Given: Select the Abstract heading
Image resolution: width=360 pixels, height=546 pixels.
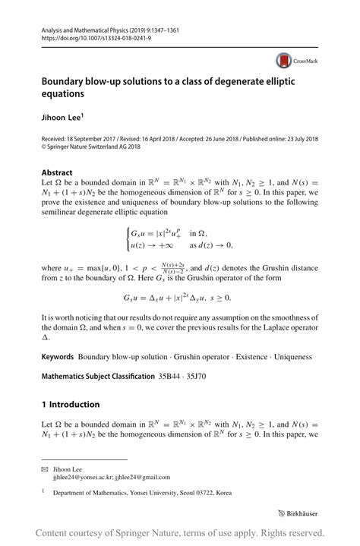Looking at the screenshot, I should click(58, 172).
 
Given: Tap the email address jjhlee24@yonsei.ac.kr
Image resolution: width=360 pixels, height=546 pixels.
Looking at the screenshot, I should click(84, 480).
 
